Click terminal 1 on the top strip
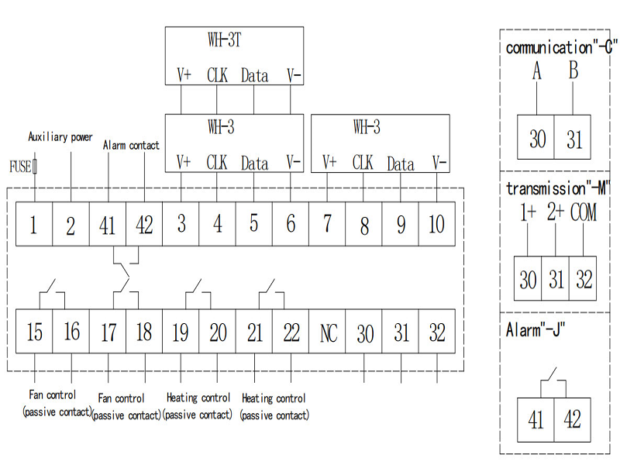point(34,225)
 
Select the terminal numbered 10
point(437,225)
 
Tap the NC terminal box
point(328,333)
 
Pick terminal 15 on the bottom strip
point(34,333)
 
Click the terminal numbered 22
point(291,333)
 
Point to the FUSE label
point(19,166)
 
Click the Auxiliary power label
point(60,137)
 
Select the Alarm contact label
point(131,145)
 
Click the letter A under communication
point(537,71)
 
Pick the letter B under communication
point(573,71)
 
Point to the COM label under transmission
point(583,212)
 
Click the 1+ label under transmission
point(528,212)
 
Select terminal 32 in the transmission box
point(583,280)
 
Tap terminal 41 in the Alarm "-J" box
point(536,419)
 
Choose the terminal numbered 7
point(327,225)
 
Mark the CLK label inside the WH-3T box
point(217,75)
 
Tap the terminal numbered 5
point(253,225)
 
